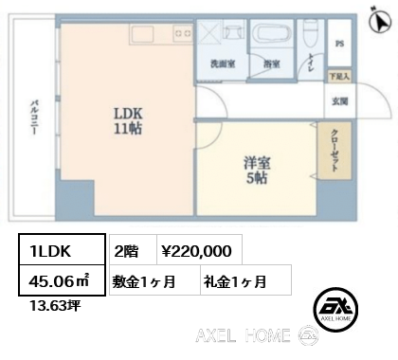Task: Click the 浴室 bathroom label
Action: (x=270, y=63)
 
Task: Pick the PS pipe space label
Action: (x=339, y=45)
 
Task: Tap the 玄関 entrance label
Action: (x=339, y=101)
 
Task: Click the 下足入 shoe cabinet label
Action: (x=338, y=75)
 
